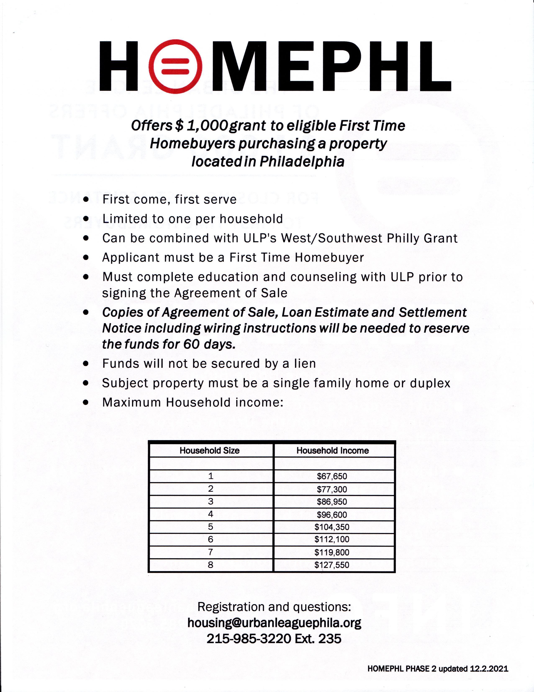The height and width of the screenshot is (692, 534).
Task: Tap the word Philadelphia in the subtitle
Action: coord(302,161)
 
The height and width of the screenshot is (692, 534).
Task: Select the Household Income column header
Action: coord(332,451)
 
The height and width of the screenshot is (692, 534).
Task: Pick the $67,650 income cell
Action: coord(332,476)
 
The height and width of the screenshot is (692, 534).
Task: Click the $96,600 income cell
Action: coord(332,515)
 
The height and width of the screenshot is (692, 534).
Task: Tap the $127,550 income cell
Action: coord(332,565)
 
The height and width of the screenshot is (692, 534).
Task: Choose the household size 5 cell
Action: coord(211,527)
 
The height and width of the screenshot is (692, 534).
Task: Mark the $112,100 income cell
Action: coord(332,540)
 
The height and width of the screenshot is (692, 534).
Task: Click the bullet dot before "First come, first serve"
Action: coord(86,199)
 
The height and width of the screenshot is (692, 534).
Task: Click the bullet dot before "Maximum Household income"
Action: coord(86,403)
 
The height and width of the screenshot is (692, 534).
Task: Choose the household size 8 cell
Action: coord(211,565)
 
